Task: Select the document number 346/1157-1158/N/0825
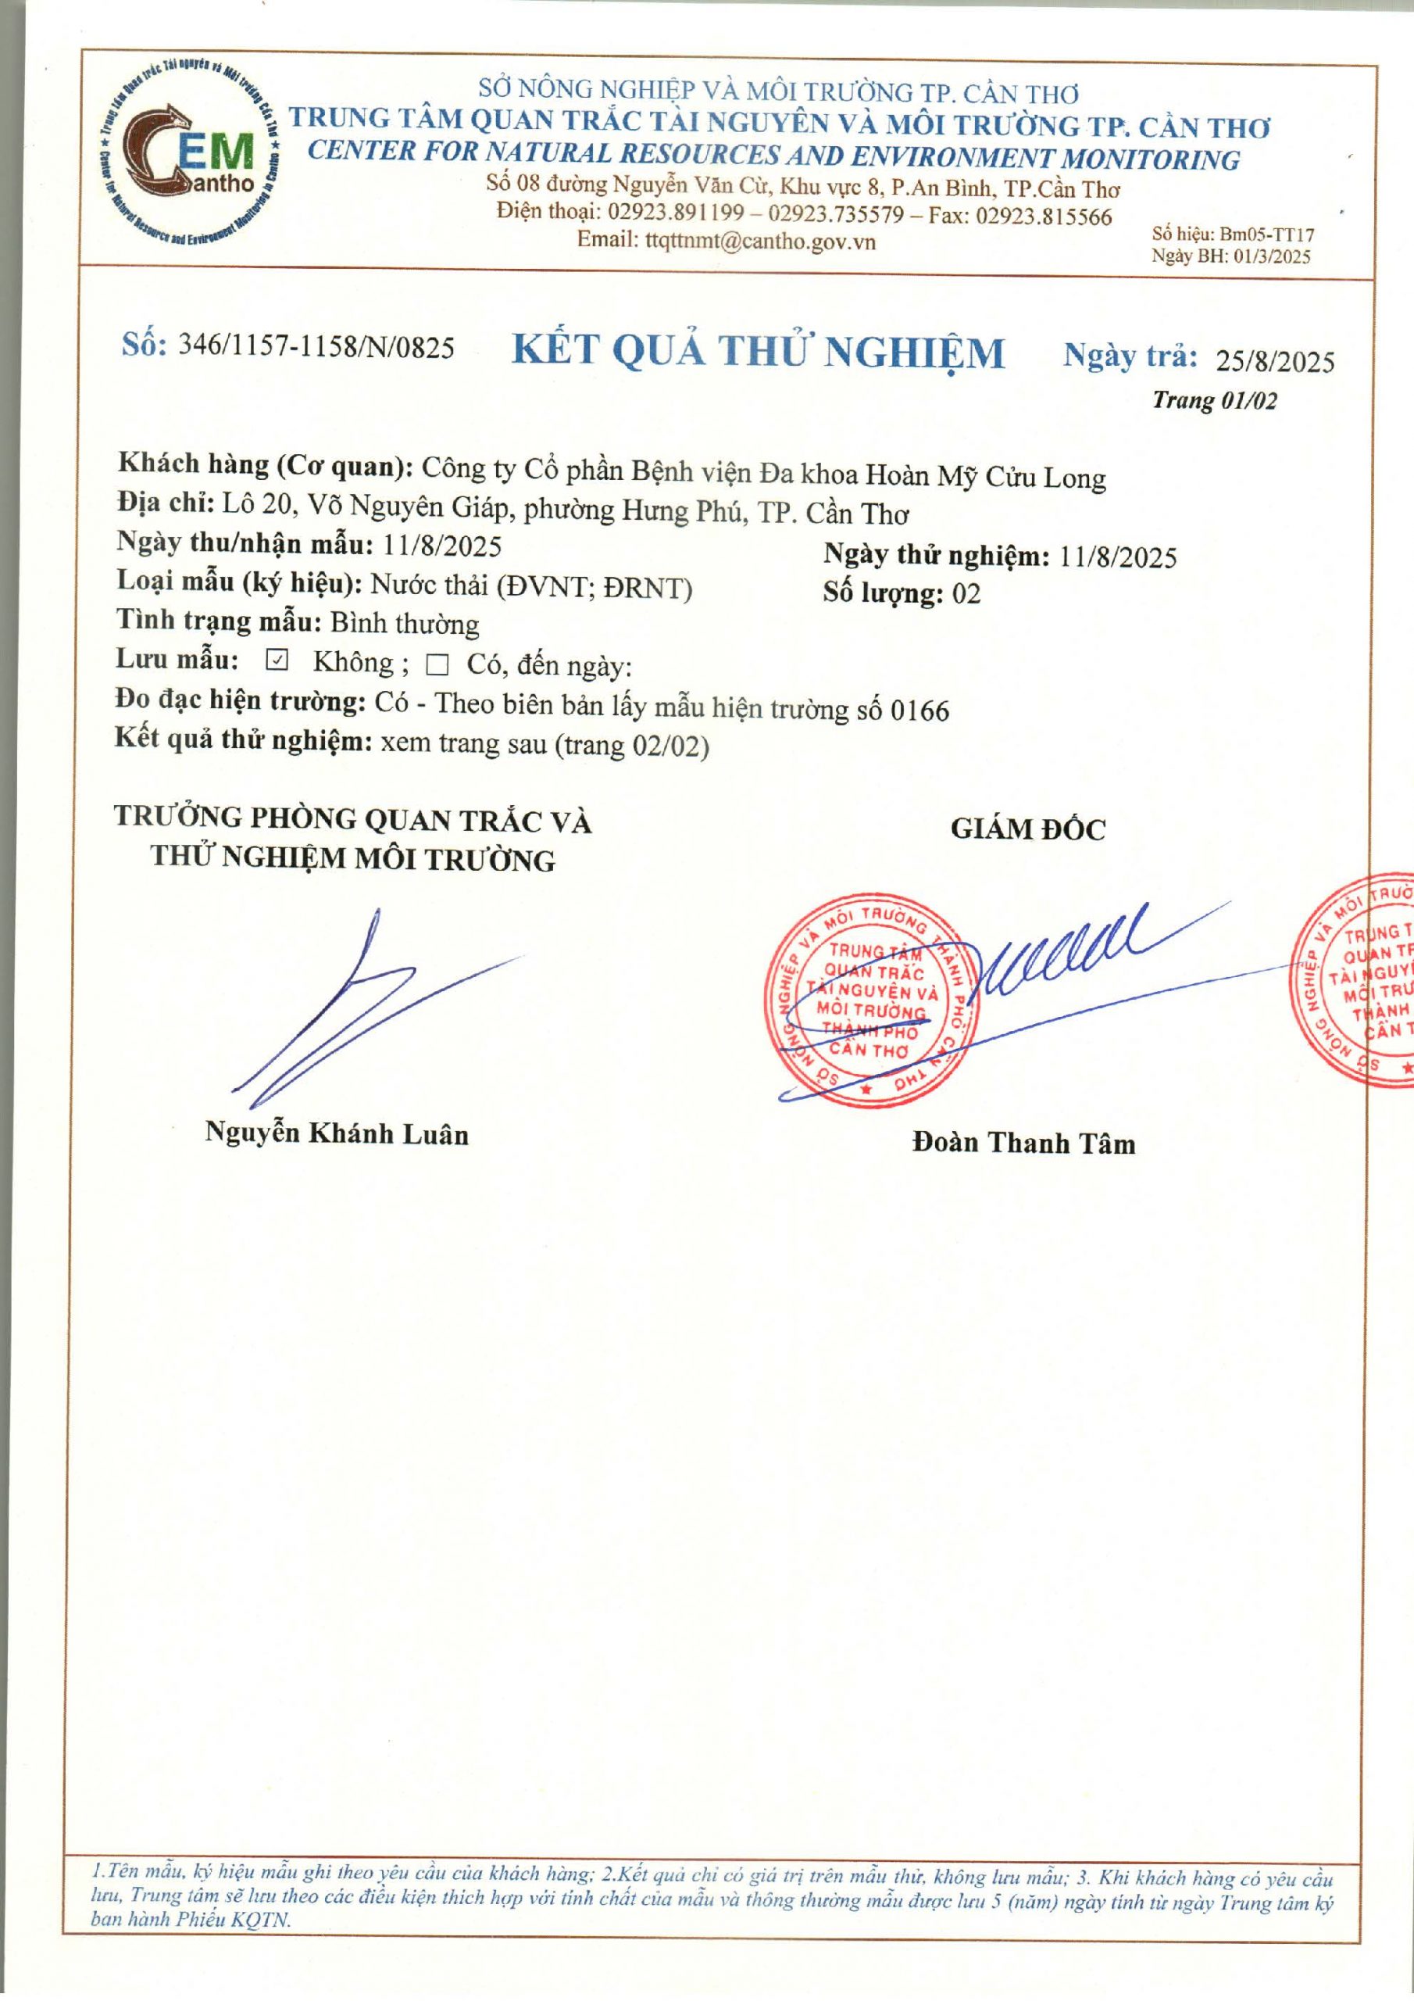pos(316,347)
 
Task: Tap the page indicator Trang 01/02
pos(1215,400)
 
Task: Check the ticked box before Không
pos(277,661)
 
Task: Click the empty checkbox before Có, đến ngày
pos(437,667)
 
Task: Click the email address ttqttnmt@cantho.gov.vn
pos(759,241)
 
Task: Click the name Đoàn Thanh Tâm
pos(1023,1143)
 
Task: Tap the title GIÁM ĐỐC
pos(1027,829)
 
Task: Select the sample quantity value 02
pos(966,594)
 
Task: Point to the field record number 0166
pos(920,711)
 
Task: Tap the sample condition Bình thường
pos(405,624)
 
